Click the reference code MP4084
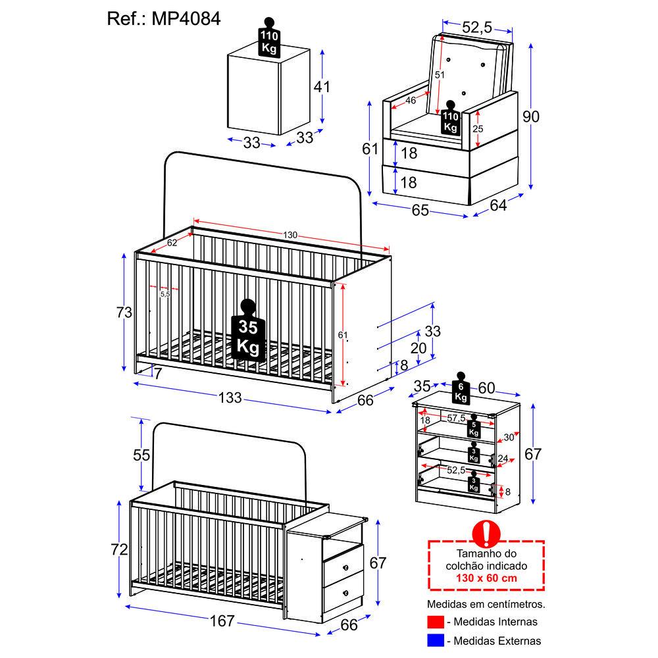click(186, 19)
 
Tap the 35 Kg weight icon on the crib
click(248, 331)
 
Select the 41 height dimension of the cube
click(322, 87)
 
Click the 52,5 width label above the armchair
click(476, 27)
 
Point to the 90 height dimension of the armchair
click(531, 116)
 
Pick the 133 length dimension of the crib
click(230, 397)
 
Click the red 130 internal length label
click(290, 235)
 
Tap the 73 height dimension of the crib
click(124, 312)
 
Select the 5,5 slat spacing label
click(165, 294)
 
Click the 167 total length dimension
click(222, 620)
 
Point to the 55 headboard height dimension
click(141, 455)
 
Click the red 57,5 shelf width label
click(456, 418)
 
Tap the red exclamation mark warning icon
click(486, 534)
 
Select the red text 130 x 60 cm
click(486, 578)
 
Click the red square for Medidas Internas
click(435, 622)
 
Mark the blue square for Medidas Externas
click(435, 640)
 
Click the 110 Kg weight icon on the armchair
click(451, 118)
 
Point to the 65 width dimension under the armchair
click(420, 210)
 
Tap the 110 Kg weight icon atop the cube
click(269, 37)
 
